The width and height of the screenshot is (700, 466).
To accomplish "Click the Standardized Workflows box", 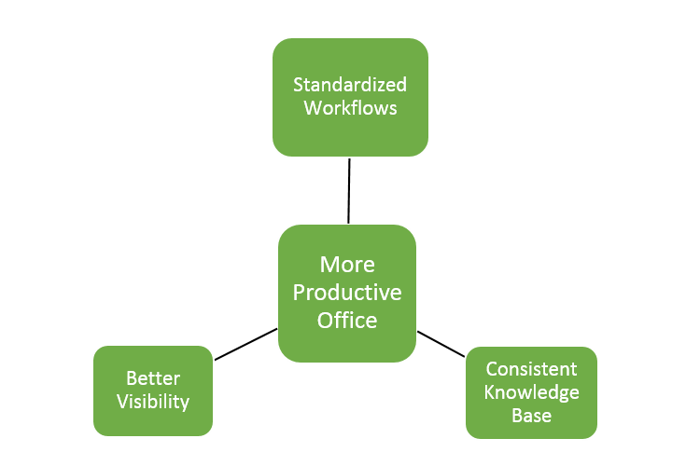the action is coord(350,97).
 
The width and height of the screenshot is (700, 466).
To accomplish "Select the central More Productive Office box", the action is coord(347,294).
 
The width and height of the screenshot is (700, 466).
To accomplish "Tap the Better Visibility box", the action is coord(153,391).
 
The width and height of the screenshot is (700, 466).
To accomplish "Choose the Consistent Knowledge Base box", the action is coord(531,392).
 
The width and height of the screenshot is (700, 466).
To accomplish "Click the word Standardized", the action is coord(350,85).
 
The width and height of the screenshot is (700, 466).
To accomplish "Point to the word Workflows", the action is coord(350,108).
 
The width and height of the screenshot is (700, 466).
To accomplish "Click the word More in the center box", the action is coord(347,265).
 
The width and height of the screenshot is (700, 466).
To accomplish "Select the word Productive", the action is coord(347,293).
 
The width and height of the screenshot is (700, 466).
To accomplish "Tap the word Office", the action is coord(347,321).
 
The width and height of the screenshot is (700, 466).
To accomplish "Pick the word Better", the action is coord(153,378).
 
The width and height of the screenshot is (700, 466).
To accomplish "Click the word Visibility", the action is coord(153,402).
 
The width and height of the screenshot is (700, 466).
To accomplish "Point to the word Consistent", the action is coord(531,369).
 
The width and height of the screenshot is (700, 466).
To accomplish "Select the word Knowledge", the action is coord(531,392).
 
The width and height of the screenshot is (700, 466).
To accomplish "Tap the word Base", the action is coord(531,416).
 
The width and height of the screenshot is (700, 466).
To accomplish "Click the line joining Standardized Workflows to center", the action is coord(349,191).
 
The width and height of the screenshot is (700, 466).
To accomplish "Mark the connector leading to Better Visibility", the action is coord(245,344).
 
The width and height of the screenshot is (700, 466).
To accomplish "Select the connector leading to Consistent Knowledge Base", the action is coord(441,344).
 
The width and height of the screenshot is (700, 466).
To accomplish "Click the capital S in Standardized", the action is coord(298,85).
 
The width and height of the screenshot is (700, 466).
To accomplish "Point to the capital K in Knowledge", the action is coord(489,392).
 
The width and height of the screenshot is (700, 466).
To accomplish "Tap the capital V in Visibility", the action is coord(123,402).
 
